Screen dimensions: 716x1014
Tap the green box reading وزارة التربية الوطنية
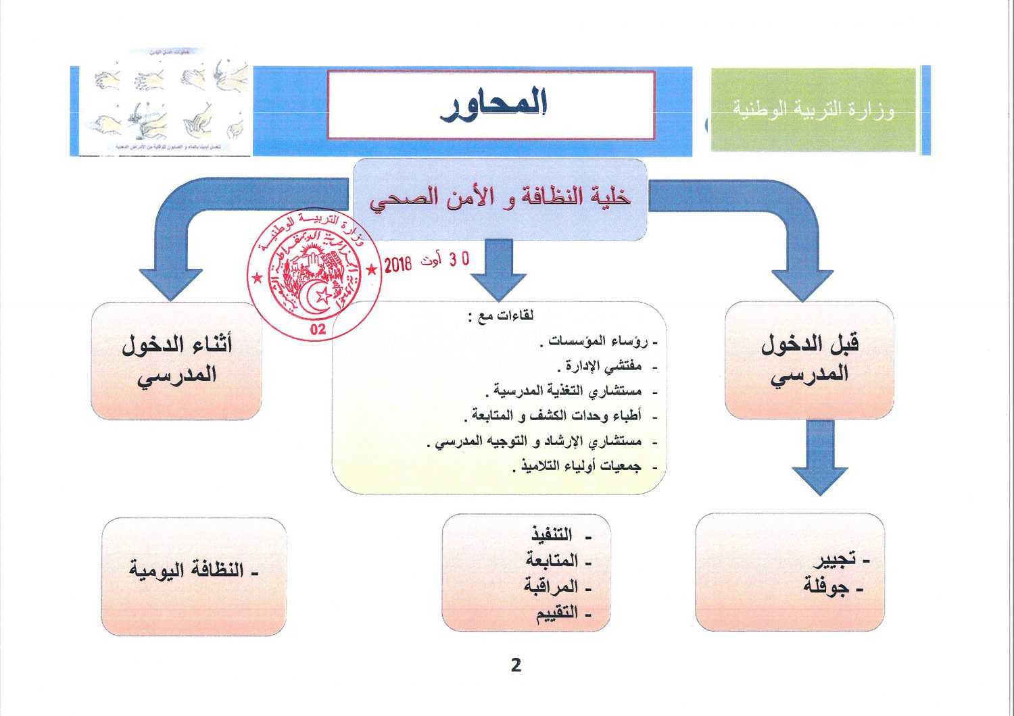coord(813,109)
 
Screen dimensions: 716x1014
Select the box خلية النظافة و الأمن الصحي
coord(500,198)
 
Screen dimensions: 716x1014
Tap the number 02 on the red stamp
coord(318,329)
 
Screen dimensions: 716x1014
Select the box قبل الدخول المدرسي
coord(809,359)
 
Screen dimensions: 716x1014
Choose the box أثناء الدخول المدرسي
coord(176,359)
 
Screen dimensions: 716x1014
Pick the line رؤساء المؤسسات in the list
coord(598,342)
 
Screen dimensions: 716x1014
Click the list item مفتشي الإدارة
coord(600,367)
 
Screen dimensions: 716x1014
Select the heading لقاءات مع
coord(501,316)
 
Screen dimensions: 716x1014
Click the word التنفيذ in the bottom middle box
coord(552,535)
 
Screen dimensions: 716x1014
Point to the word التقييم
coord(557,613)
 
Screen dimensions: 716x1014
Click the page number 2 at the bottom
coord(516,665)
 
